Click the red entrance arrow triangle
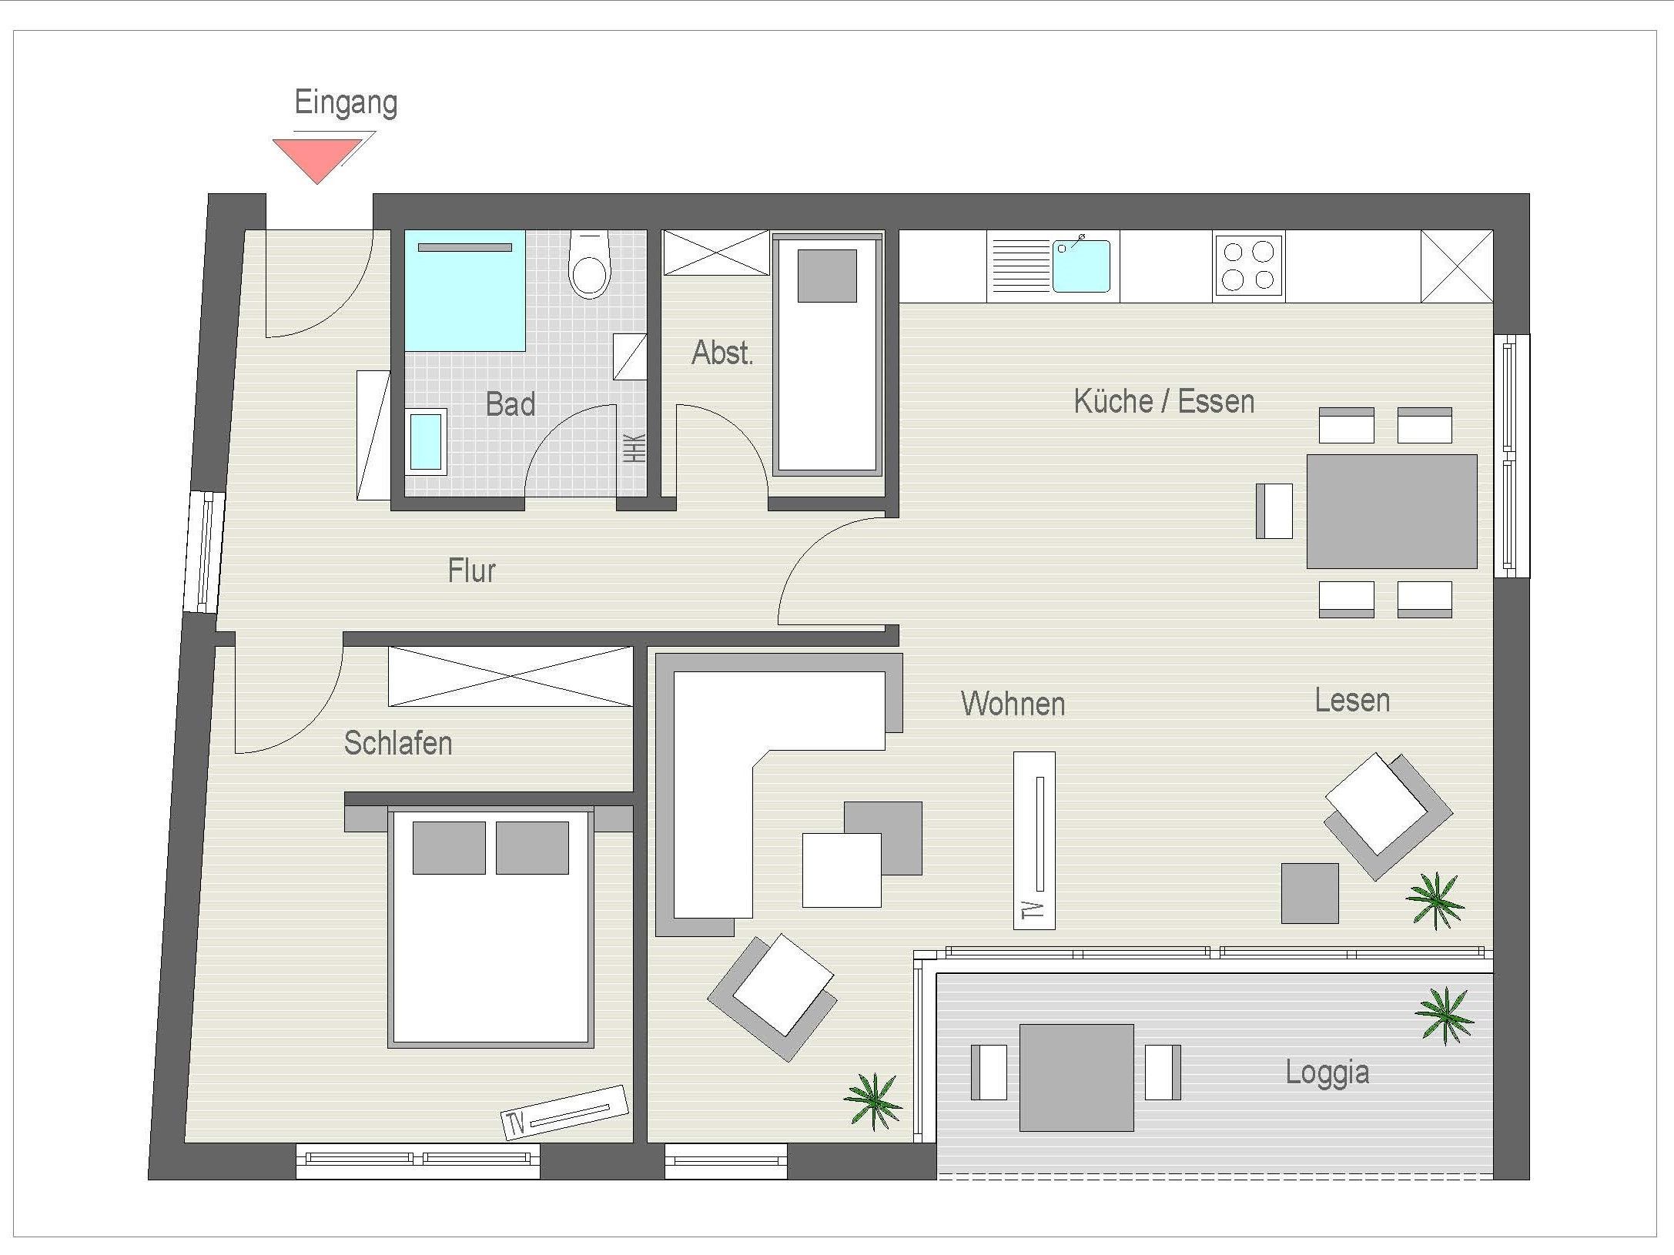pyautogui.click(x=316, y=156)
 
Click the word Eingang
pyautogui.click(x=346, y=103)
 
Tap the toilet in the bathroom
pyautogui.click(x=589, y=265)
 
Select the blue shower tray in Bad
pyautogui.click(x=465, y=290)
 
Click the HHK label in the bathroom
pyautogui.click(x=634, y=448)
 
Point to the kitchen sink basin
pyautogui.click(x=1081, y=266)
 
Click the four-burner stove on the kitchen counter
pyautogui.click(x=1248, y=266)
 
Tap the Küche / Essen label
pyautogui.click(x=1163, y=402)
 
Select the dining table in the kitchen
pyautogui.click(x=1391, y=511)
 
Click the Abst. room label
pyautogui.click(x=722, y=353)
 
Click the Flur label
pyautogui.click(x=472, y=571)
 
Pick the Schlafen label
pyautogui.click(x=398, y=743)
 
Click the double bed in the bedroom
pyautogui.click(x=490, y=927)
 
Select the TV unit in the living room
pyautogui.click(x=1034, y=840)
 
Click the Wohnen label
pyautogui.click(x=1013, y=704)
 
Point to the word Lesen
pyautogui.click(x=1352, y=701)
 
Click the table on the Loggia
pyautogui.click(x=1076, y=1077)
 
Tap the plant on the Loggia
pyautogui.click(x=1445, y=1016)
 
